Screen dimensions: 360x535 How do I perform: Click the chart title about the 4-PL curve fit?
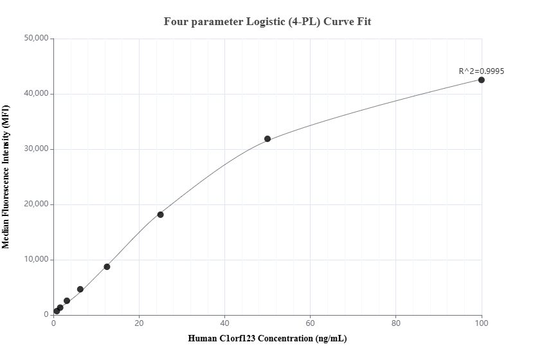click(x=267, y=21)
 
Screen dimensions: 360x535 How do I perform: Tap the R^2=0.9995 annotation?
click(x=481, y=71)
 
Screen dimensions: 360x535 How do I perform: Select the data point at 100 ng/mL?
click(x=482, y=80)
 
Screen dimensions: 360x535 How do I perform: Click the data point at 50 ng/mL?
click(x=267, y=139)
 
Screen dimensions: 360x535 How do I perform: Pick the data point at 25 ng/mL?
click(x=160, y=215)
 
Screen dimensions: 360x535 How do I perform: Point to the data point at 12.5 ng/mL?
click(x=107, y=267)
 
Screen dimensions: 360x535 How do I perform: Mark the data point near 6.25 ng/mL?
click(x=80, y=289)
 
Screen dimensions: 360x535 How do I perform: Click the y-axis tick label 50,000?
click(x=36, y=39)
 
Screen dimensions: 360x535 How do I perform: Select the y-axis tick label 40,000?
click(x=36, y=94)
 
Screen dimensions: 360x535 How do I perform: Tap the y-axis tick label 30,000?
click(x=36, y=149)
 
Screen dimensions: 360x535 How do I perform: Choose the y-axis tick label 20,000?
click(x=36, y=204)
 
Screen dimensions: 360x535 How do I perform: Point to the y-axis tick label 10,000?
click(x=36, y=260)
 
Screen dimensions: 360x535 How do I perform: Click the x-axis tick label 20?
click(x=139, y=323)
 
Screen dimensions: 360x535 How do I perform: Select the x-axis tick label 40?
click(x=224, y=323)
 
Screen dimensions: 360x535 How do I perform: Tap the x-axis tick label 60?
click(x=311, y=323)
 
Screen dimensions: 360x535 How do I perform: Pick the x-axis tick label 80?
click(x=396, y=323)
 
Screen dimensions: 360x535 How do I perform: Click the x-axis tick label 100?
click(x=482, y=323)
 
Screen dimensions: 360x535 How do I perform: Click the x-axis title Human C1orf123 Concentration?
click(x=267, y=338)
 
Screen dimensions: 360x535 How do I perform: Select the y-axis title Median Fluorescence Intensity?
click(x=6, y=177)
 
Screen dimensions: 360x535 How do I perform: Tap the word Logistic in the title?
click(x=267, y=21)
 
